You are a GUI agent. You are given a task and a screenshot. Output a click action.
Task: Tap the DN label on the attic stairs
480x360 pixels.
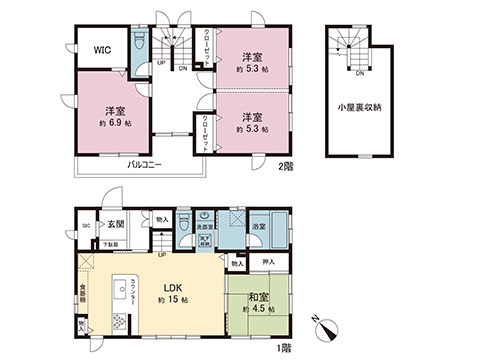[357, 74]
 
